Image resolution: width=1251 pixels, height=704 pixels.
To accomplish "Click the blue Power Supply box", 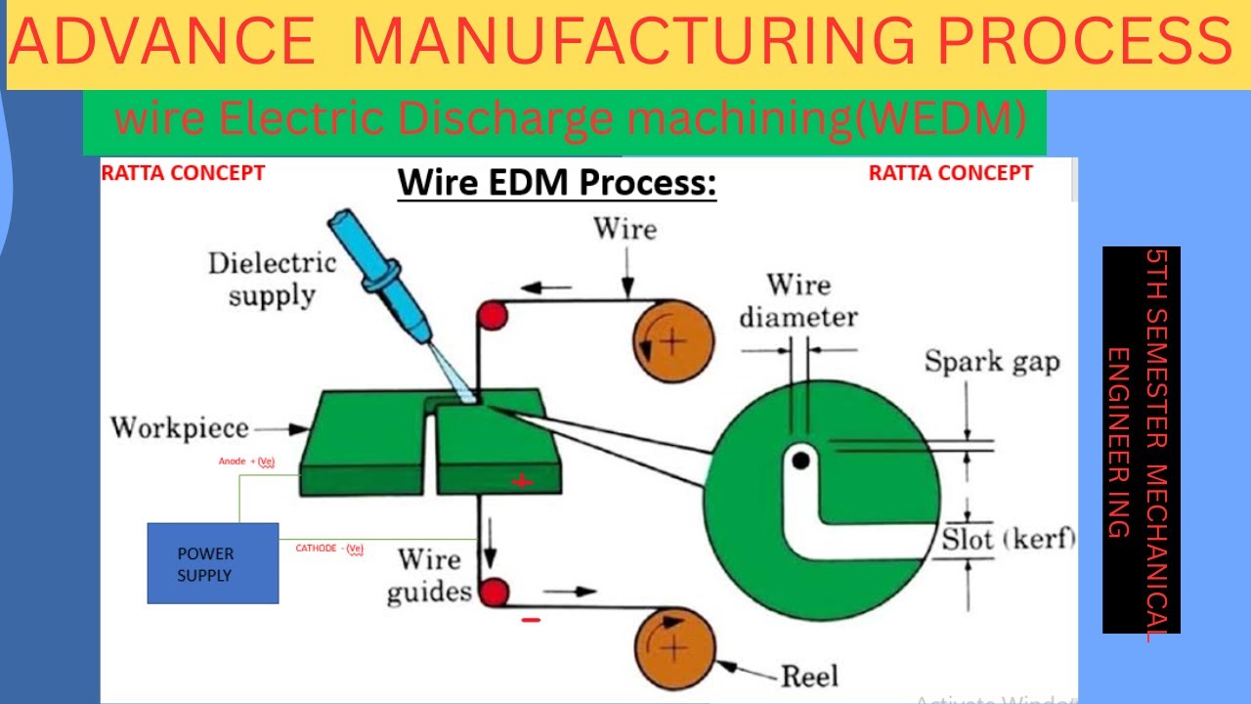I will click(x=212, y=563).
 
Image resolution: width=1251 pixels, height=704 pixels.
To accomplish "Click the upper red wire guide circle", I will click(x=492, y=316).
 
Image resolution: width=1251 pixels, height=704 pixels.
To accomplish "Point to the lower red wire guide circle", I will click(x=495, y=593).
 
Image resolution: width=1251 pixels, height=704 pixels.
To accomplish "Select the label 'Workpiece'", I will click(x=179, y=428).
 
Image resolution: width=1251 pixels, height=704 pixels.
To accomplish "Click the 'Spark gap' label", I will click(x=992, y=362).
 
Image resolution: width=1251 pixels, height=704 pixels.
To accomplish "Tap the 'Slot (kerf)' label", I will click(x=1008, y=539).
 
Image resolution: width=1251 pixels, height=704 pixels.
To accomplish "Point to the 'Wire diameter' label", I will click(x=798, y=300).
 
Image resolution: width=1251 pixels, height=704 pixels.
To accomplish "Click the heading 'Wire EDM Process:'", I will click(x=556, y=183).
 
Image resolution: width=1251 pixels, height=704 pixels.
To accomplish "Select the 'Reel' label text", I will click(x=808, y=676).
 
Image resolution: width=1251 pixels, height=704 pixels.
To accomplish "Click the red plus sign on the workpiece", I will click(x=523, y=480).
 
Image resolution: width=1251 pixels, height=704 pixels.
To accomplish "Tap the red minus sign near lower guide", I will click(x=531, y=620).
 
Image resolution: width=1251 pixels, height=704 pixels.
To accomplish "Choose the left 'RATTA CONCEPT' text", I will click(x=183, y=173).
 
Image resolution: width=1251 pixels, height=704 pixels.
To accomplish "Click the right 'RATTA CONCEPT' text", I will click(x=950, y=173).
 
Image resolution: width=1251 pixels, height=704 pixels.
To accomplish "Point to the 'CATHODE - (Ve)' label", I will click(x=329, y=549).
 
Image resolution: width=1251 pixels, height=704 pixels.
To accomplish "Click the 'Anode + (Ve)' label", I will click(x=246, y=461).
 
